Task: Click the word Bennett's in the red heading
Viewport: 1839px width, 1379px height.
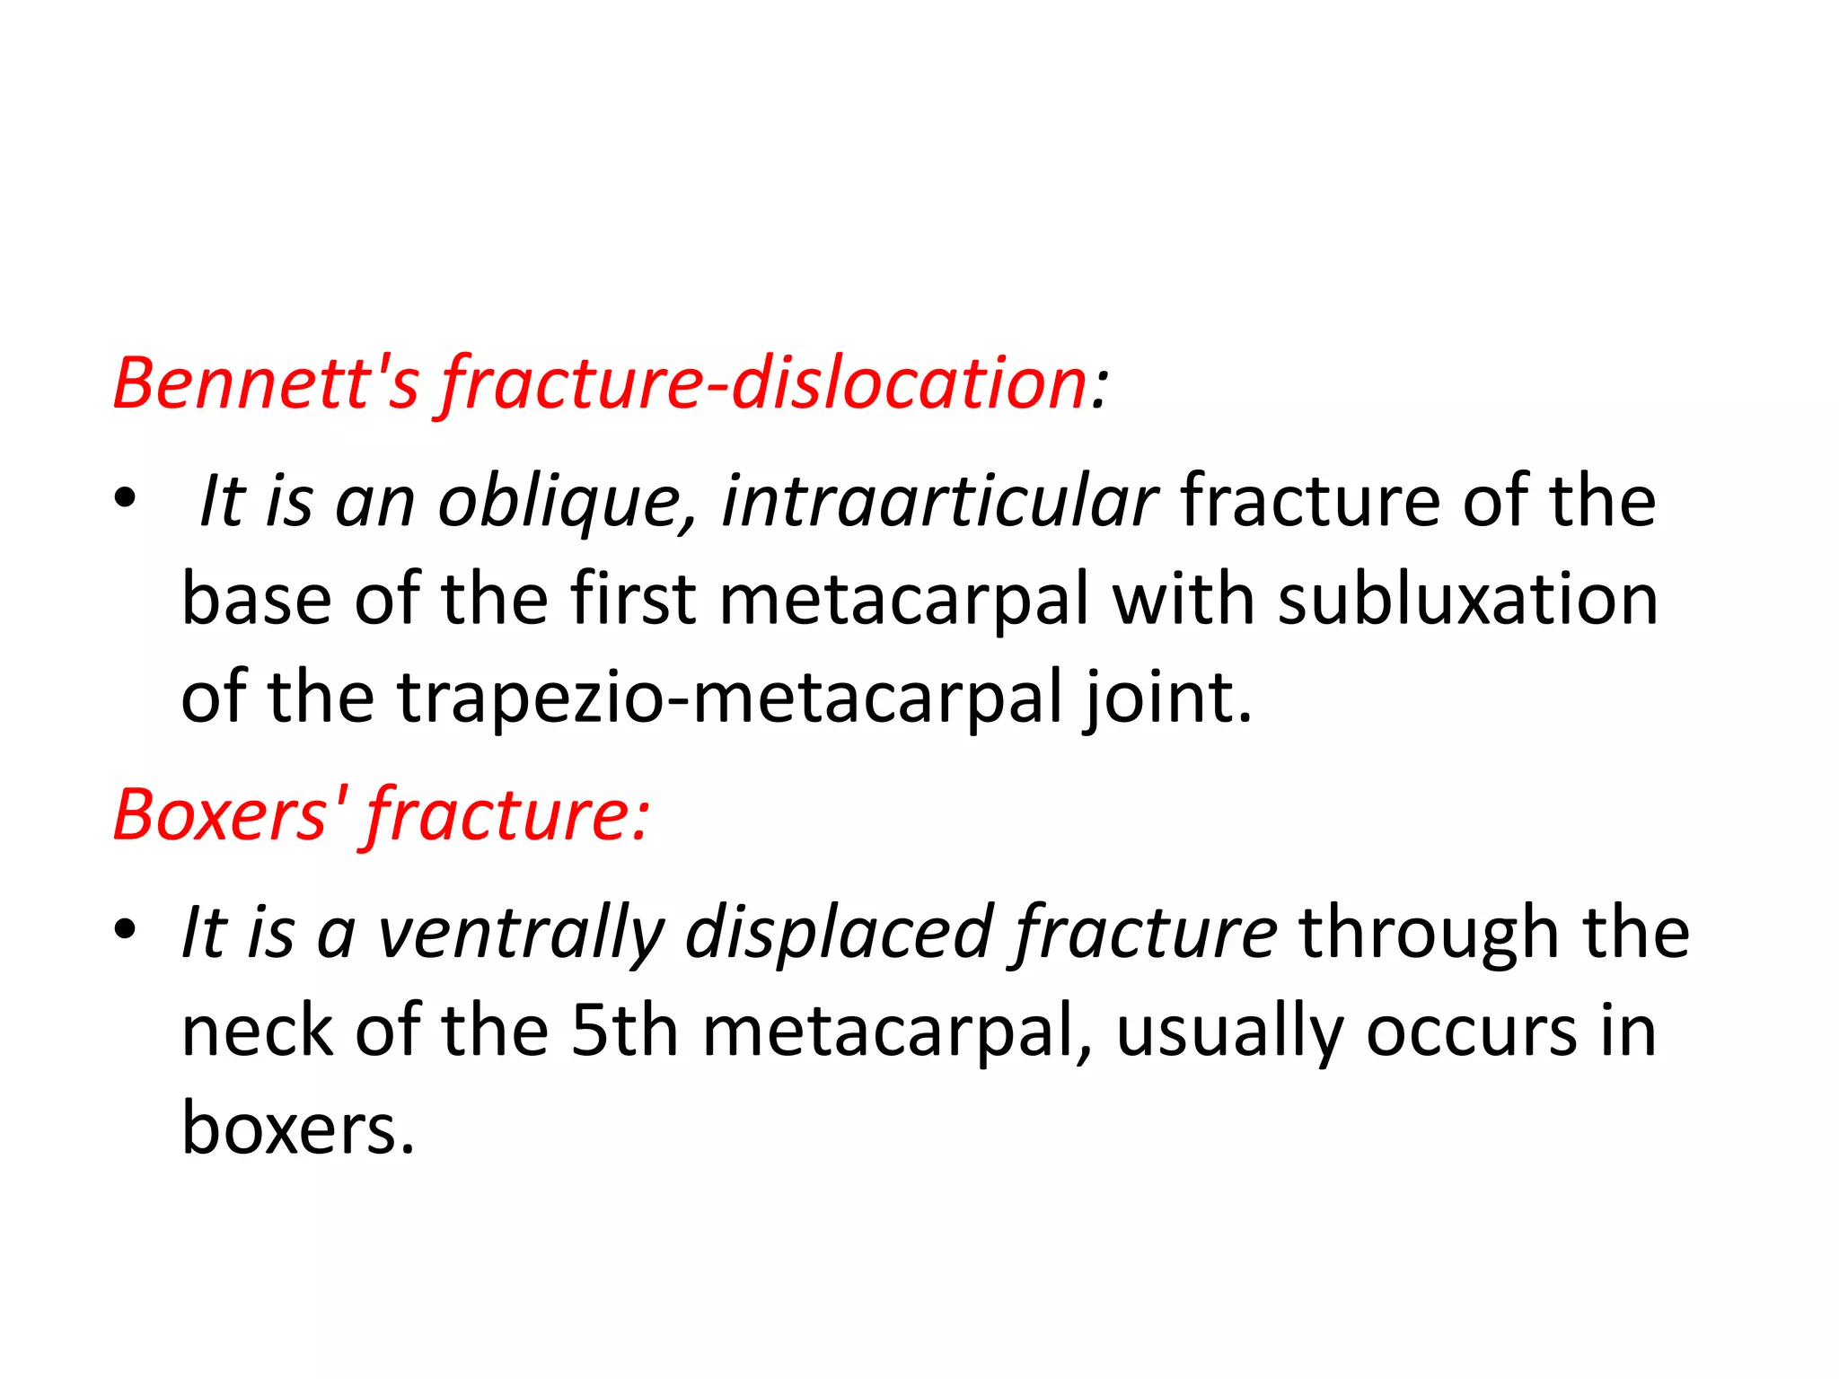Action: [266, 383]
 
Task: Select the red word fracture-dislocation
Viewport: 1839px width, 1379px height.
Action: [764, 383]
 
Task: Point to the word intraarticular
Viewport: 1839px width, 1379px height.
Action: [939, 501]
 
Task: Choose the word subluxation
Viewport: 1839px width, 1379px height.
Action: [1467, 599]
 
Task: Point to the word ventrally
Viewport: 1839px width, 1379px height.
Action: [521, 933]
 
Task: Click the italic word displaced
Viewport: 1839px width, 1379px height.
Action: [840, 933]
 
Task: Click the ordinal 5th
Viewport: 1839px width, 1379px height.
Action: [624, 1031]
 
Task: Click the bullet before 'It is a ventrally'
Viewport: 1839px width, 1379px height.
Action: [126, 928]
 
